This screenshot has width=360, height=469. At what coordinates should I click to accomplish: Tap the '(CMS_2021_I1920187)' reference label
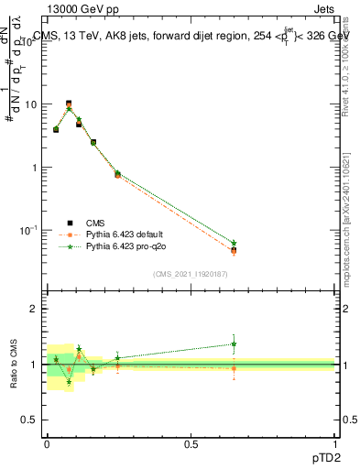click(190, 273)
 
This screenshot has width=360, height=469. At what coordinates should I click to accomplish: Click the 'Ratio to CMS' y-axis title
click(14, 365)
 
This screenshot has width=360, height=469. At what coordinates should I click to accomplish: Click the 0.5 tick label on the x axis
click(191, 443)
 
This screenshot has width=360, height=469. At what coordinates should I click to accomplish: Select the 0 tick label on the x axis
click(47, 443)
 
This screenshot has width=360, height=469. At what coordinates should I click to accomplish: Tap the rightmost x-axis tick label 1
click(335, 443)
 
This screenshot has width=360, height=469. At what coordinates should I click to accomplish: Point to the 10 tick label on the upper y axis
click(31, 104)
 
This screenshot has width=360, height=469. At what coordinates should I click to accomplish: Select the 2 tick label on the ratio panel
click(35, 310)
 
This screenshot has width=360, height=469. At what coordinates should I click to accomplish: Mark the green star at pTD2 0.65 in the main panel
click(234, 243)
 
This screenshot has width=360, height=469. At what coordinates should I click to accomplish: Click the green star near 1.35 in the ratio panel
click(234, 344)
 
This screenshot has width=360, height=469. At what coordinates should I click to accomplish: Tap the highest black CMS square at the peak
click(69, 104)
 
